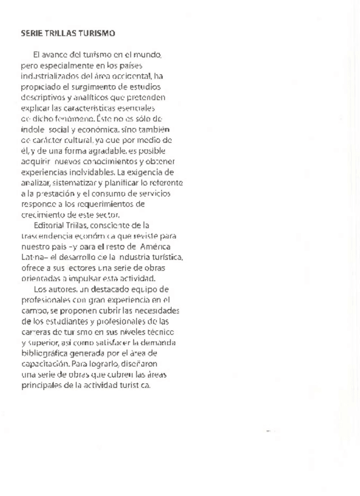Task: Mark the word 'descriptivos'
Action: pos(43,97)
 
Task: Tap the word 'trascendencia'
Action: pos(46,235)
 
